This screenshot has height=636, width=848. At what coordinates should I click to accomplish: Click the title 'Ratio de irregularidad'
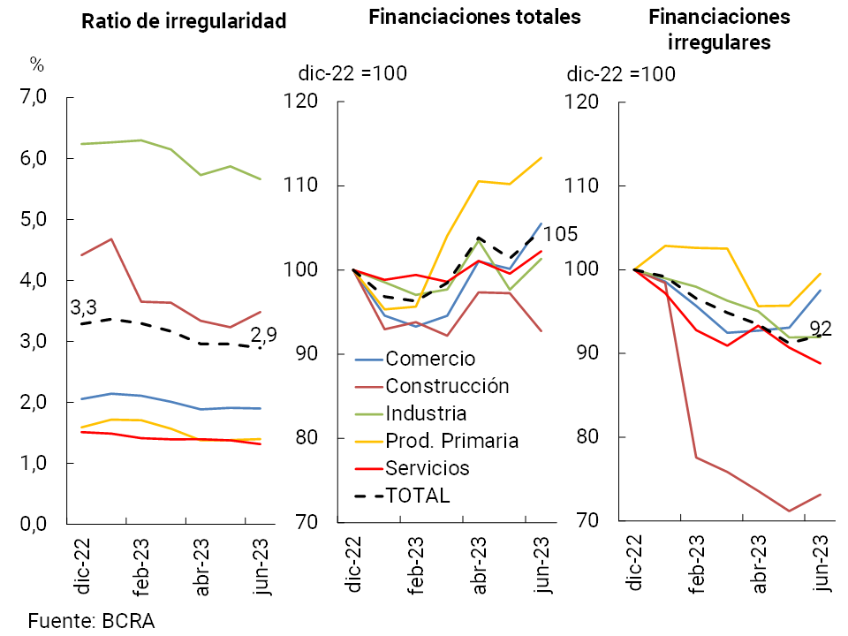(184, 22)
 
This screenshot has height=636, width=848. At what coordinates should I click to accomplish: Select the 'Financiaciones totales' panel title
(474, 17)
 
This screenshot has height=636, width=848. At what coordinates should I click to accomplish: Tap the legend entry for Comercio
(430, 359)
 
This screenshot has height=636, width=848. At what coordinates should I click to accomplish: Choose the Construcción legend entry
(448, 386)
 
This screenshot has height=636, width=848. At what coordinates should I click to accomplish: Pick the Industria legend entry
(426, 413)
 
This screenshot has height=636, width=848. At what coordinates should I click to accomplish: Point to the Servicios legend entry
(428, 468)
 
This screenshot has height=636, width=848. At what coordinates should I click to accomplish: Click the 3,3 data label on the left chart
(85, 309)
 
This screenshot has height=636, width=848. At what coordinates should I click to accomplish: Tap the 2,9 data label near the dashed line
(263, 336)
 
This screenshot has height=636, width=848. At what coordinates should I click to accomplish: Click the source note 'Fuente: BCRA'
(85, 620)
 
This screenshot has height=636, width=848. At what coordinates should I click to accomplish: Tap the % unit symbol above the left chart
(37, 64)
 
